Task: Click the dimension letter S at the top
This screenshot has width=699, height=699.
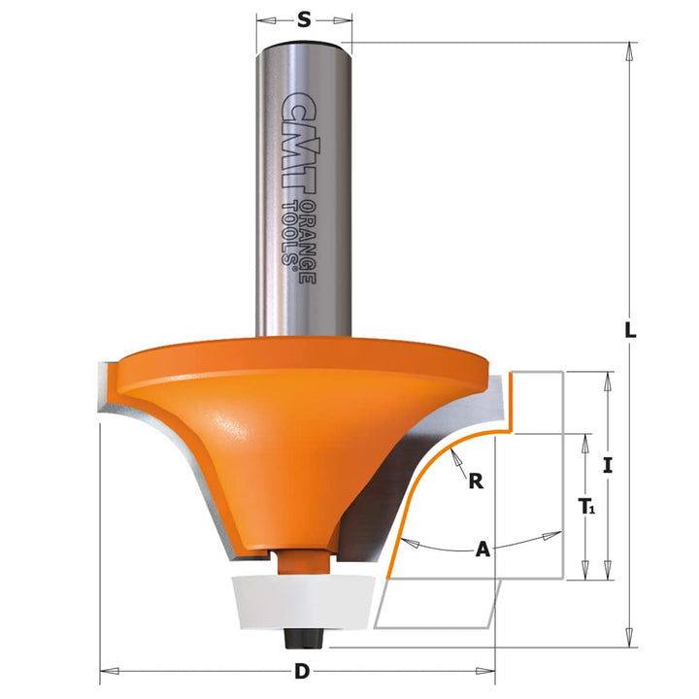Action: point(304,18)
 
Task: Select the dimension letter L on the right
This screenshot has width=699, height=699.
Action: point(630,330)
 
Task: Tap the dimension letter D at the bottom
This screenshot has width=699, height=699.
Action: point(302,672)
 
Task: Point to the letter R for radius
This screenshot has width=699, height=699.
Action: point(476,479)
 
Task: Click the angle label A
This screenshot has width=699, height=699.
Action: point(482,550)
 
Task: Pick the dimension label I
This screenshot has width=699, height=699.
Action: point(608,465)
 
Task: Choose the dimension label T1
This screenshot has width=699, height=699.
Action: point(586,507)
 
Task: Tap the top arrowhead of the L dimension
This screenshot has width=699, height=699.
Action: point(630,49)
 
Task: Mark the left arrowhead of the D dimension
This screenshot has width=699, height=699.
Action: point(107,671)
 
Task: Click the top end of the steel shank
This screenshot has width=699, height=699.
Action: point(304,44)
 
